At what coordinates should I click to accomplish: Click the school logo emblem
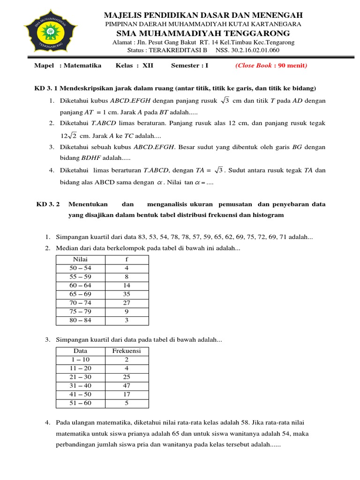[x=50, y=33]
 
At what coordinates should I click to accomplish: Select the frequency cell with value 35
[x=127, y=294]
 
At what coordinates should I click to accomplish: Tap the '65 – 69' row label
[x=81, y=294]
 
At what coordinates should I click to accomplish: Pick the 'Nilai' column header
[x=81, y=259]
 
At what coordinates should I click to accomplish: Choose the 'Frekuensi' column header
[x=127, y=351]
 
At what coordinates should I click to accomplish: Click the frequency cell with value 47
[x=127, y=386]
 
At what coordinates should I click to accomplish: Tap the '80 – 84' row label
[x=81, y=321]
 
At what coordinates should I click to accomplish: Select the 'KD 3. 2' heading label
[x=49, y=204]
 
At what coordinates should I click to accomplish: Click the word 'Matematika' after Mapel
[x=82, y=66]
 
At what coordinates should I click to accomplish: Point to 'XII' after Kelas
[x=148, y=66]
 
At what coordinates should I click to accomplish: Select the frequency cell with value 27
[x=127, y=303]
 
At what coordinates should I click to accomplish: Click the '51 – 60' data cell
[x=81, y=403]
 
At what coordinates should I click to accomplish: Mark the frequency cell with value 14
[x=127, y=285]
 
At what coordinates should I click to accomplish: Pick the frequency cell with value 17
[x=127, y=395]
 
